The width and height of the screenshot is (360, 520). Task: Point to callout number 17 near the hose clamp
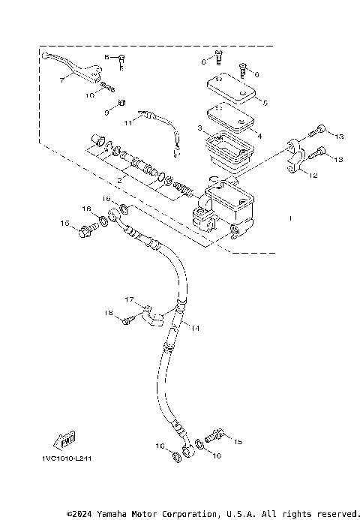[129, 300]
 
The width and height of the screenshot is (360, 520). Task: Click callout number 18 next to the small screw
[108, 312]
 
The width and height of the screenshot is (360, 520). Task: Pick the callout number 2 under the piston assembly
[117, 181]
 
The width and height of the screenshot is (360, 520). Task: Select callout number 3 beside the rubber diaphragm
[199, 129]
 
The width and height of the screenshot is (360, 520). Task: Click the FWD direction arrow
[63, 440]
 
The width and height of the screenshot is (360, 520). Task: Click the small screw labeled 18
[127, 320]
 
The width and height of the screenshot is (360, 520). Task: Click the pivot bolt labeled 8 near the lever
[121, 59]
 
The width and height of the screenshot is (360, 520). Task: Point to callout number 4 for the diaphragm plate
[259, 136]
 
